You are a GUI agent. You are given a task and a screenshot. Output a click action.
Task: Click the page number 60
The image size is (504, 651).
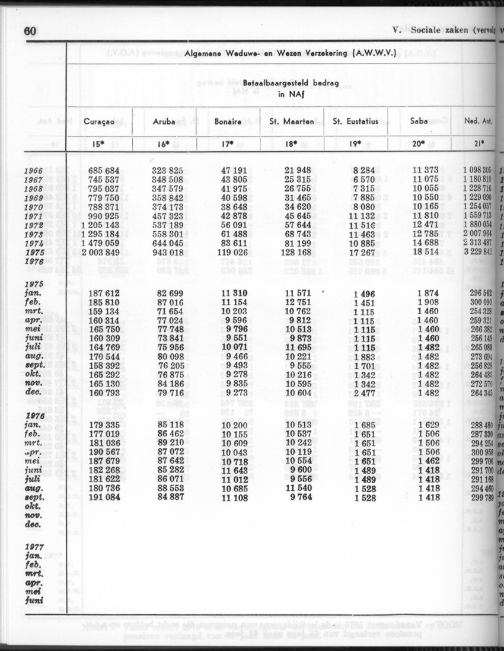click(30, 31)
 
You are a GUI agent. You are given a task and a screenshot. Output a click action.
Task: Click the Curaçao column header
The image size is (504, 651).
click(98, 122)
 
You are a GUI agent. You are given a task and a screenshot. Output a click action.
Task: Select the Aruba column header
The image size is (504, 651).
click(164, 122)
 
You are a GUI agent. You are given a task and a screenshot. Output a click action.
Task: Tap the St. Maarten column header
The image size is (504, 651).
click(292, 122)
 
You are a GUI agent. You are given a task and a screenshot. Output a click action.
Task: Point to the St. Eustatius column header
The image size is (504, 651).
click(356, 122)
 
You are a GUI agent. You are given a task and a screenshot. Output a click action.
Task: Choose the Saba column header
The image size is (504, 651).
click(419, 122)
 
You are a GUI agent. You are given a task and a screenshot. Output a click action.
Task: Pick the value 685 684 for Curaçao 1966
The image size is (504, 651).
click(104, 171)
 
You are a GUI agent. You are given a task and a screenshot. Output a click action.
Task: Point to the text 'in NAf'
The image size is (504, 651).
click(291, 94)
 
